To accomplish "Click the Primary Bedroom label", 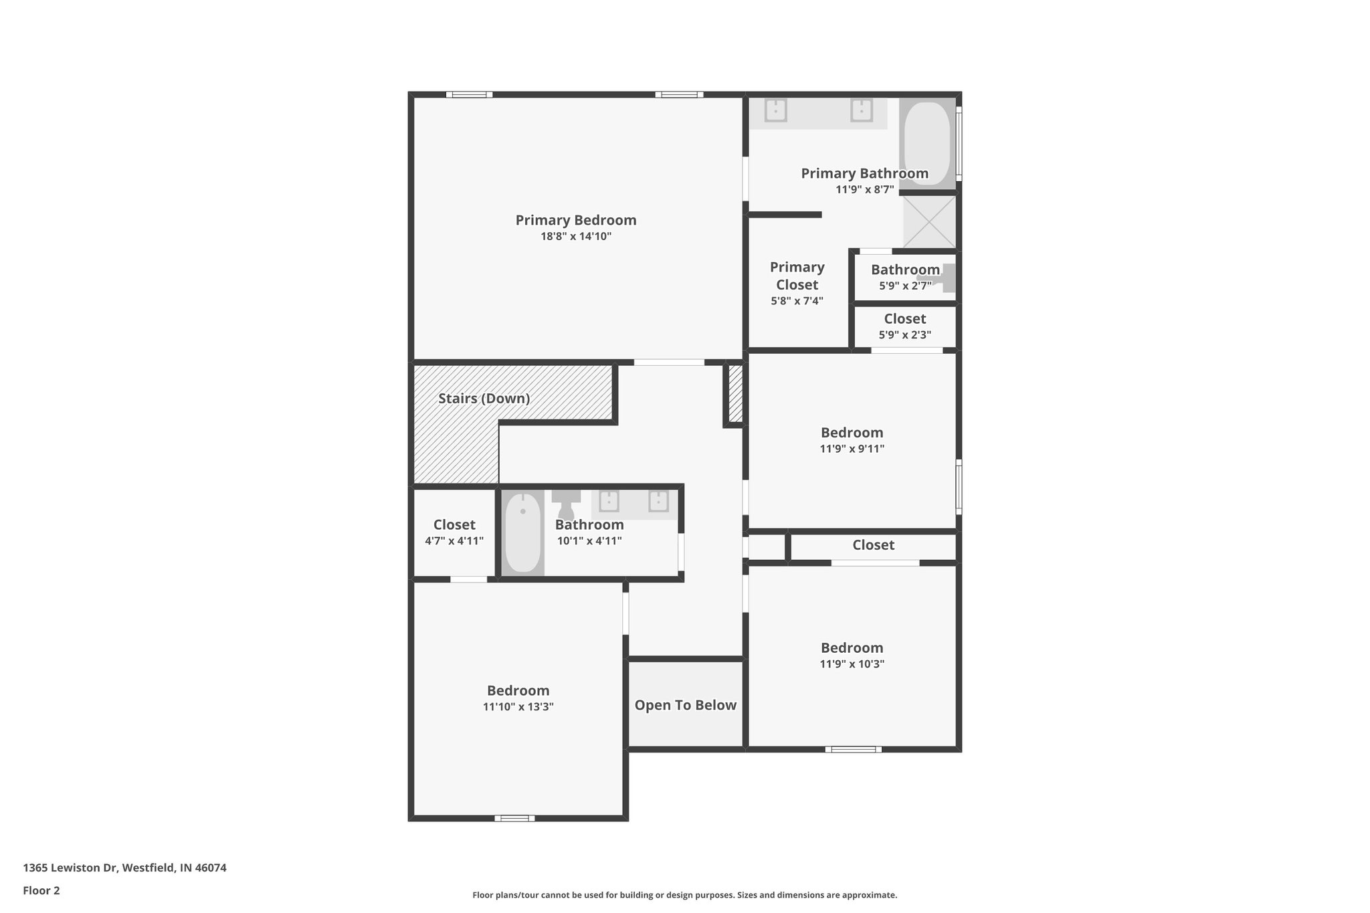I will [575, 220].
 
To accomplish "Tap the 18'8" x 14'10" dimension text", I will [575, 237].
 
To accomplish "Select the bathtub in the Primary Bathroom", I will [926, 142].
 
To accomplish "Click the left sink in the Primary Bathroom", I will [775, 110].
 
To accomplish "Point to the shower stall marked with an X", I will [929, 222].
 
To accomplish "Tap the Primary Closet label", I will [797, 276].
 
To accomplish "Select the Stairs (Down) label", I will [484, 399].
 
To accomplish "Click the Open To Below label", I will [685, 705].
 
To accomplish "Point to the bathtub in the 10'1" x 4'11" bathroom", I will [522, 532].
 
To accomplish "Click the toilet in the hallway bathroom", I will [566, 503].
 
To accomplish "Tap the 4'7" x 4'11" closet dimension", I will [454, 541].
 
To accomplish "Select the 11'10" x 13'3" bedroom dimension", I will [518, 707].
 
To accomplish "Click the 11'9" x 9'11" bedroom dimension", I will [852, 449].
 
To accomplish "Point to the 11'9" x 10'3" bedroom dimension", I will [852, 664].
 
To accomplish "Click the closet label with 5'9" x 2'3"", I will [904, 319].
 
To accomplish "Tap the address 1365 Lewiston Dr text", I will [124, 868].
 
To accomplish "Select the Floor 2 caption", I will [41, 890].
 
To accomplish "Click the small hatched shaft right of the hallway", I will [735, 393].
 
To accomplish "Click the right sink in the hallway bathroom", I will [658, 501].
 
